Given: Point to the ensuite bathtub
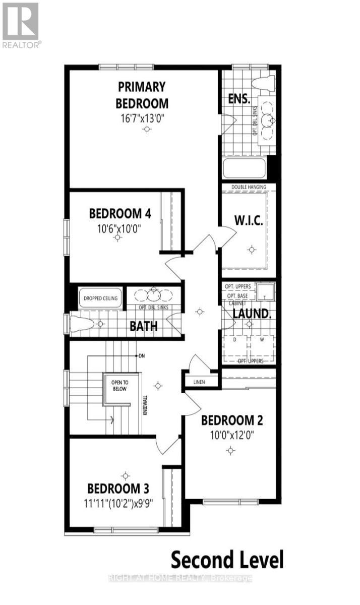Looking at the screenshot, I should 244,168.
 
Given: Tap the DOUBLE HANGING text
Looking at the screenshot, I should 249,187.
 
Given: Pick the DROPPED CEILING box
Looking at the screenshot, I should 100,298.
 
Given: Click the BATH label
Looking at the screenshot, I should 144,326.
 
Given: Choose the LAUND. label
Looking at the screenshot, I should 252,314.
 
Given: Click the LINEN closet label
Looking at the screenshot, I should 199,382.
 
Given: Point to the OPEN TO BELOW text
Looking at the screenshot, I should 119,386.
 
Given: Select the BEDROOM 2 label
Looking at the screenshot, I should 232,420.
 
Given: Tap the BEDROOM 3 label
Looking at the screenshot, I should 118,489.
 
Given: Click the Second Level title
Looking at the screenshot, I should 227,560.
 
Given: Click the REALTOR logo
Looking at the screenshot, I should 21,24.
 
